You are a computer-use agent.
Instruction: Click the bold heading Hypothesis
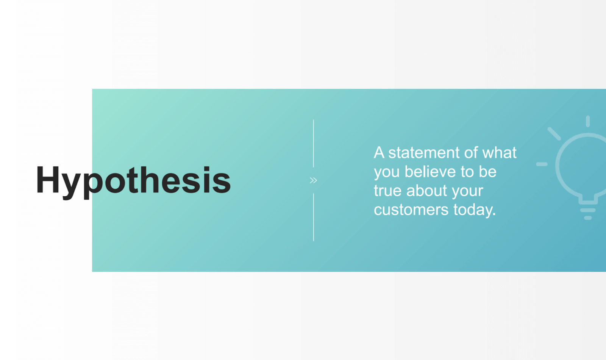133,180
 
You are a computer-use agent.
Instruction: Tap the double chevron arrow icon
313,180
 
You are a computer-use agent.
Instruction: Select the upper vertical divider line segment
314,143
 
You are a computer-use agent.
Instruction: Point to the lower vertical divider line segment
314,217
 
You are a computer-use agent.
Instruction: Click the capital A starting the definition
379,153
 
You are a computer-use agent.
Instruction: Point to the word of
471,153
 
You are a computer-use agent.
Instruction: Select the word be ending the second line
487,172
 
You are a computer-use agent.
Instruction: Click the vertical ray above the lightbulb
588,121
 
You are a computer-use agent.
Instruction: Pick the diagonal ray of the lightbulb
554,134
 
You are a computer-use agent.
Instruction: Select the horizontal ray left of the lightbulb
542,164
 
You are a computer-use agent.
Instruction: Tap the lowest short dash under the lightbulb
588,218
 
